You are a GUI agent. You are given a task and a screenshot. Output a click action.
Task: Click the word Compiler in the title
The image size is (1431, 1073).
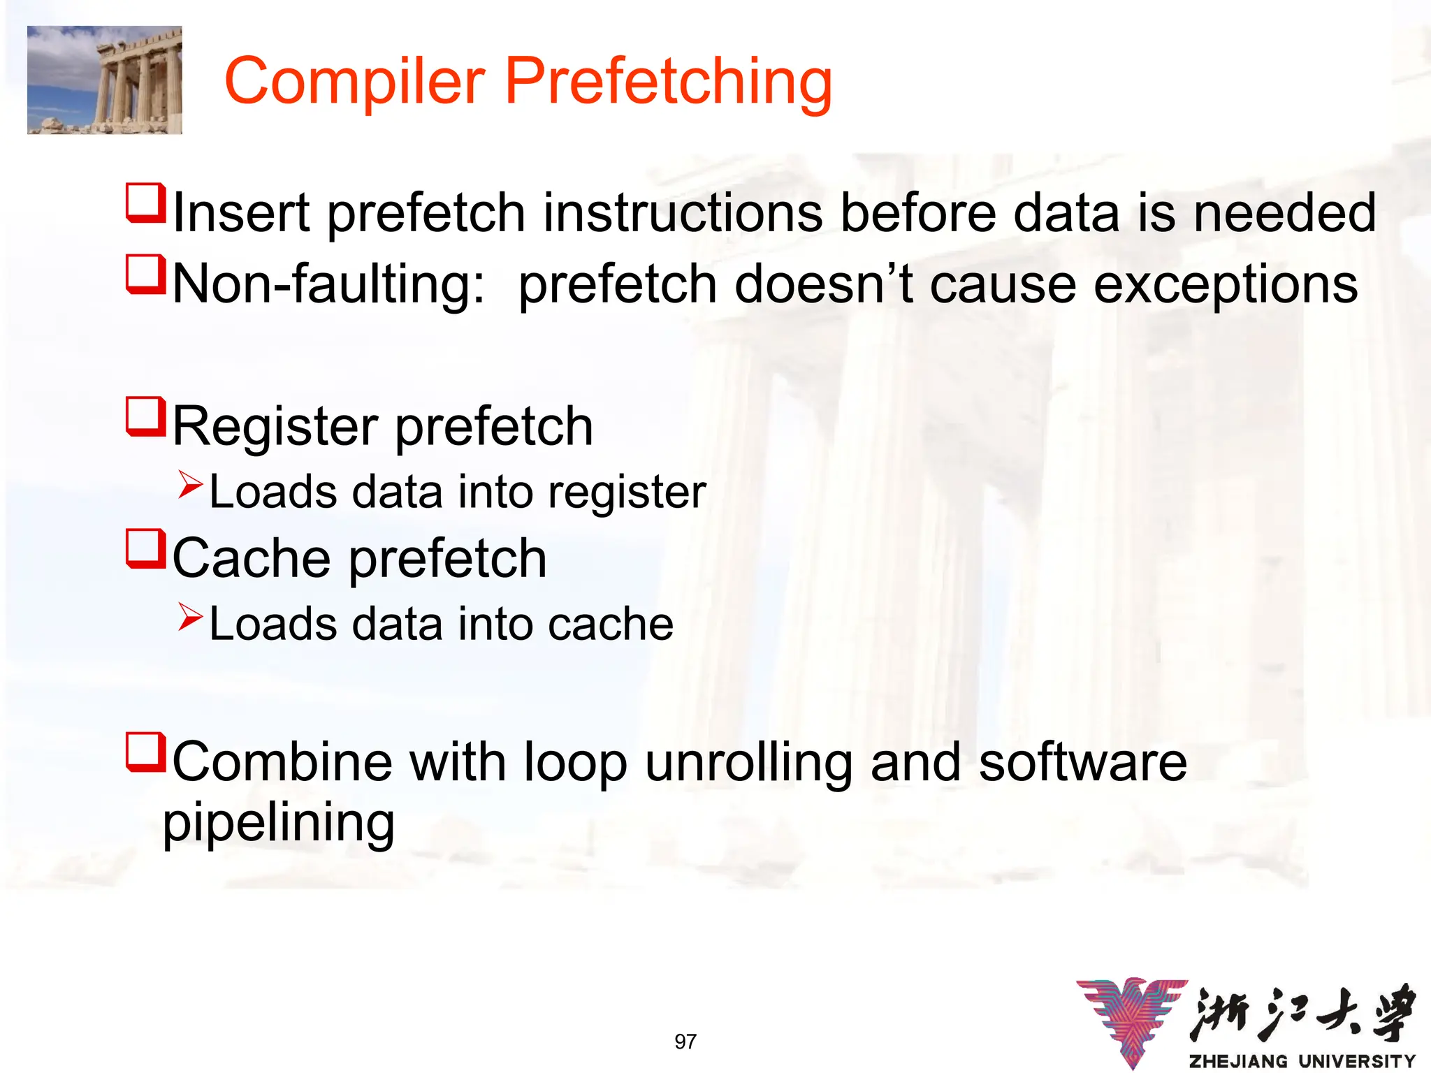pyautogui.click(x=355, y=82)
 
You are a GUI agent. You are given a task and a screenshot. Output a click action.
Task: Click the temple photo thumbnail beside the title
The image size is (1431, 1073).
pyautogui.click(x=105, y=80)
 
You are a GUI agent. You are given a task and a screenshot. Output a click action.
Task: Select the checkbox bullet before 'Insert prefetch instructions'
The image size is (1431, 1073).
pyautogui.click(x=145, y=203)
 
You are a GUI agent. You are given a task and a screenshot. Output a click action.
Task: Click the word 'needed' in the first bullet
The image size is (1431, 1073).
pyautogui.click(x=1284, y=212)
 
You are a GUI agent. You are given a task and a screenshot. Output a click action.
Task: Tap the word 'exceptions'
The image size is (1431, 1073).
pyautogui.click(x=1226, y=284)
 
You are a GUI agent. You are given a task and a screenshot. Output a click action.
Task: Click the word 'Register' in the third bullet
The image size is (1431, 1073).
pyautogui.click(x=275, y=427)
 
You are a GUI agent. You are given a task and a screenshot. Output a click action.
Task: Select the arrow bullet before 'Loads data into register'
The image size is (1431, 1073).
pyautogui.click(x=189, y=484)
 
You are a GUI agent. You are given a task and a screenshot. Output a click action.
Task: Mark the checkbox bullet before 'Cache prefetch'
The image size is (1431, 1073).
pyautogui.click(x=145, y=549)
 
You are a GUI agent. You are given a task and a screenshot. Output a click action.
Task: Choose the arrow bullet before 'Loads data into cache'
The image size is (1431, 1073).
pyautogui.click(x=189, y=616)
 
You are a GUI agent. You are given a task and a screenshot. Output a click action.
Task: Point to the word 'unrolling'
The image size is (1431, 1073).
pyautogui.click(x=748, y=762)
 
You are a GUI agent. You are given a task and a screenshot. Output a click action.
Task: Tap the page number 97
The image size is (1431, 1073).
pyautogui.click(x=685, y=1042)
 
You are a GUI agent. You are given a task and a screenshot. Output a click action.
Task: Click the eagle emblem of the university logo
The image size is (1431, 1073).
pyautogui.click(x=1132, y=1020)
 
